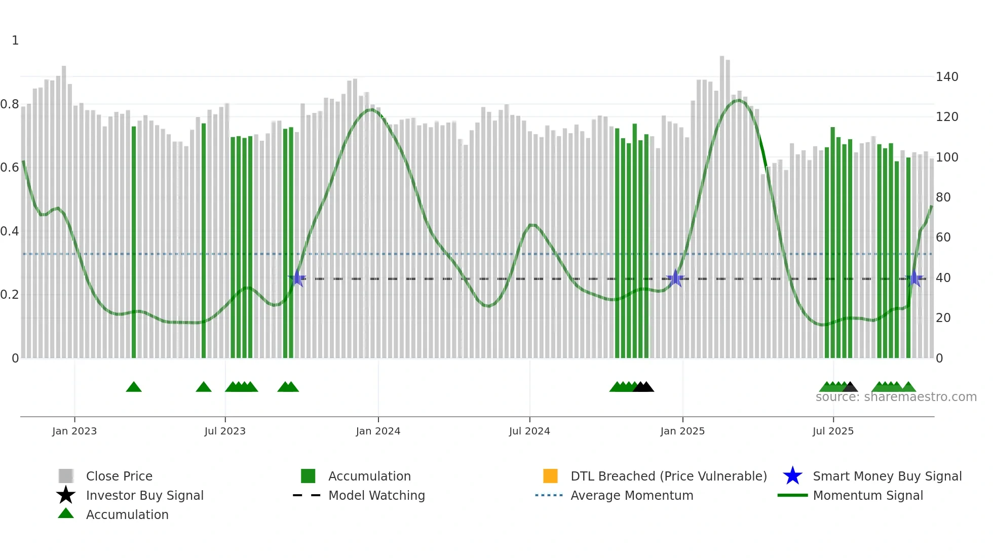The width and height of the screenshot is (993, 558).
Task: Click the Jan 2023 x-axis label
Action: point(74,431)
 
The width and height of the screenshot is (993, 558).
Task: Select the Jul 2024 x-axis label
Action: point(529,431)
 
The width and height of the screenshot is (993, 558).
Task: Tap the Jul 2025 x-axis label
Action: point(833,431)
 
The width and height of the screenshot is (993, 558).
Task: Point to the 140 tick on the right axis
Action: point(947,77)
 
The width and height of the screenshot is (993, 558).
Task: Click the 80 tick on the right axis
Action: point(943,197)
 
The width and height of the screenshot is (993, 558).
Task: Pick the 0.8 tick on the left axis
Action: point(10,104)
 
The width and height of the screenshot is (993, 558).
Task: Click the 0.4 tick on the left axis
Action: point(10,231)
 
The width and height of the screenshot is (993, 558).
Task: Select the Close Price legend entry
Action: point(119,476)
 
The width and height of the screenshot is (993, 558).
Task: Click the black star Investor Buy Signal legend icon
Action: point(66,495)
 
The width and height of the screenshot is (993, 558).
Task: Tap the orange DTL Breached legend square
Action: point(550,476)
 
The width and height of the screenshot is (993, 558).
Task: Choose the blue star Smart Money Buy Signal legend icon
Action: point(792,476)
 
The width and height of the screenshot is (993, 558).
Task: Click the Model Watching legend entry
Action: point(376,495)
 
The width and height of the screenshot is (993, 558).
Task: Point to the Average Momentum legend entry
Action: point(632,495)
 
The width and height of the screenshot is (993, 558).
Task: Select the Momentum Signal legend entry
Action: point(868,495)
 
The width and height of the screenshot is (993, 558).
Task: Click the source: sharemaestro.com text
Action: point(896,397)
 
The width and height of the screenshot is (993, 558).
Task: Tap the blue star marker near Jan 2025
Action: point(675,278)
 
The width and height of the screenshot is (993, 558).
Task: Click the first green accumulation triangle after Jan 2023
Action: point(134,387)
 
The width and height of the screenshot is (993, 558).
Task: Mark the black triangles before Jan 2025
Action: point(643,387)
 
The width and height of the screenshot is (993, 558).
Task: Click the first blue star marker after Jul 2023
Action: point(297,278)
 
